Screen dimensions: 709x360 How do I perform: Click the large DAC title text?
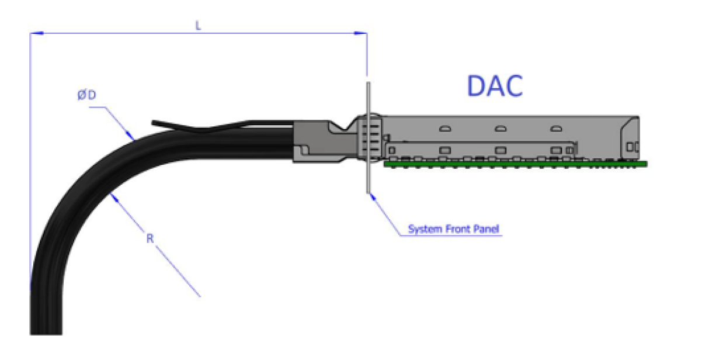tap(495, 86)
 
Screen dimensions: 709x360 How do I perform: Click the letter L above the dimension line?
tap(198, 26)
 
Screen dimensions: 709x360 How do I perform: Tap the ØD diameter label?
tap(86, 95)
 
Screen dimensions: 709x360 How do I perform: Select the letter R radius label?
tap(150, 238)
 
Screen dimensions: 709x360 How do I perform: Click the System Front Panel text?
tap(454, 229)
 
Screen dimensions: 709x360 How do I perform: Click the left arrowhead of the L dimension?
tap(37, 33)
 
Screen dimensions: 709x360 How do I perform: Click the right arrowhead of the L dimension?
tap(360, 33)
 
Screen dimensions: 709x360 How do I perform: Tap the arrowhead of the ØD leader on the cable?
tap(130, 135)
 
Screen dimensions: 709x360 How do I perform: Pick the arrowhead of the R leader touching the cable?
tap(114, 198)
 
